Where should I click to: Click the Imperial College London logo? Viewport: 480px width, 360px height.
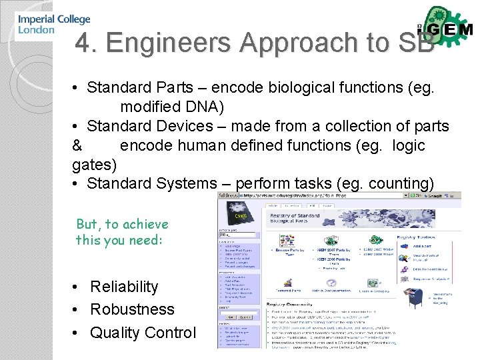pos(53,25)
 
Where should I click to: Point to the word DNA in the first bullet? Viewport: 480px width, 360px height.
pos(201,107)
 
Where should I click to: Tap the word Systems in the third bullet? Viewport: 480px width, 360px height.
pos(191,183)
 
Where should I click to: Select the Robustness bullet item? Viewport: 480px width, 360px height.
pos(132,309)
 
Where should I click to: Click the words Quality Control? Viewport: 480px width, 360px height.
pos(143,332)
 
